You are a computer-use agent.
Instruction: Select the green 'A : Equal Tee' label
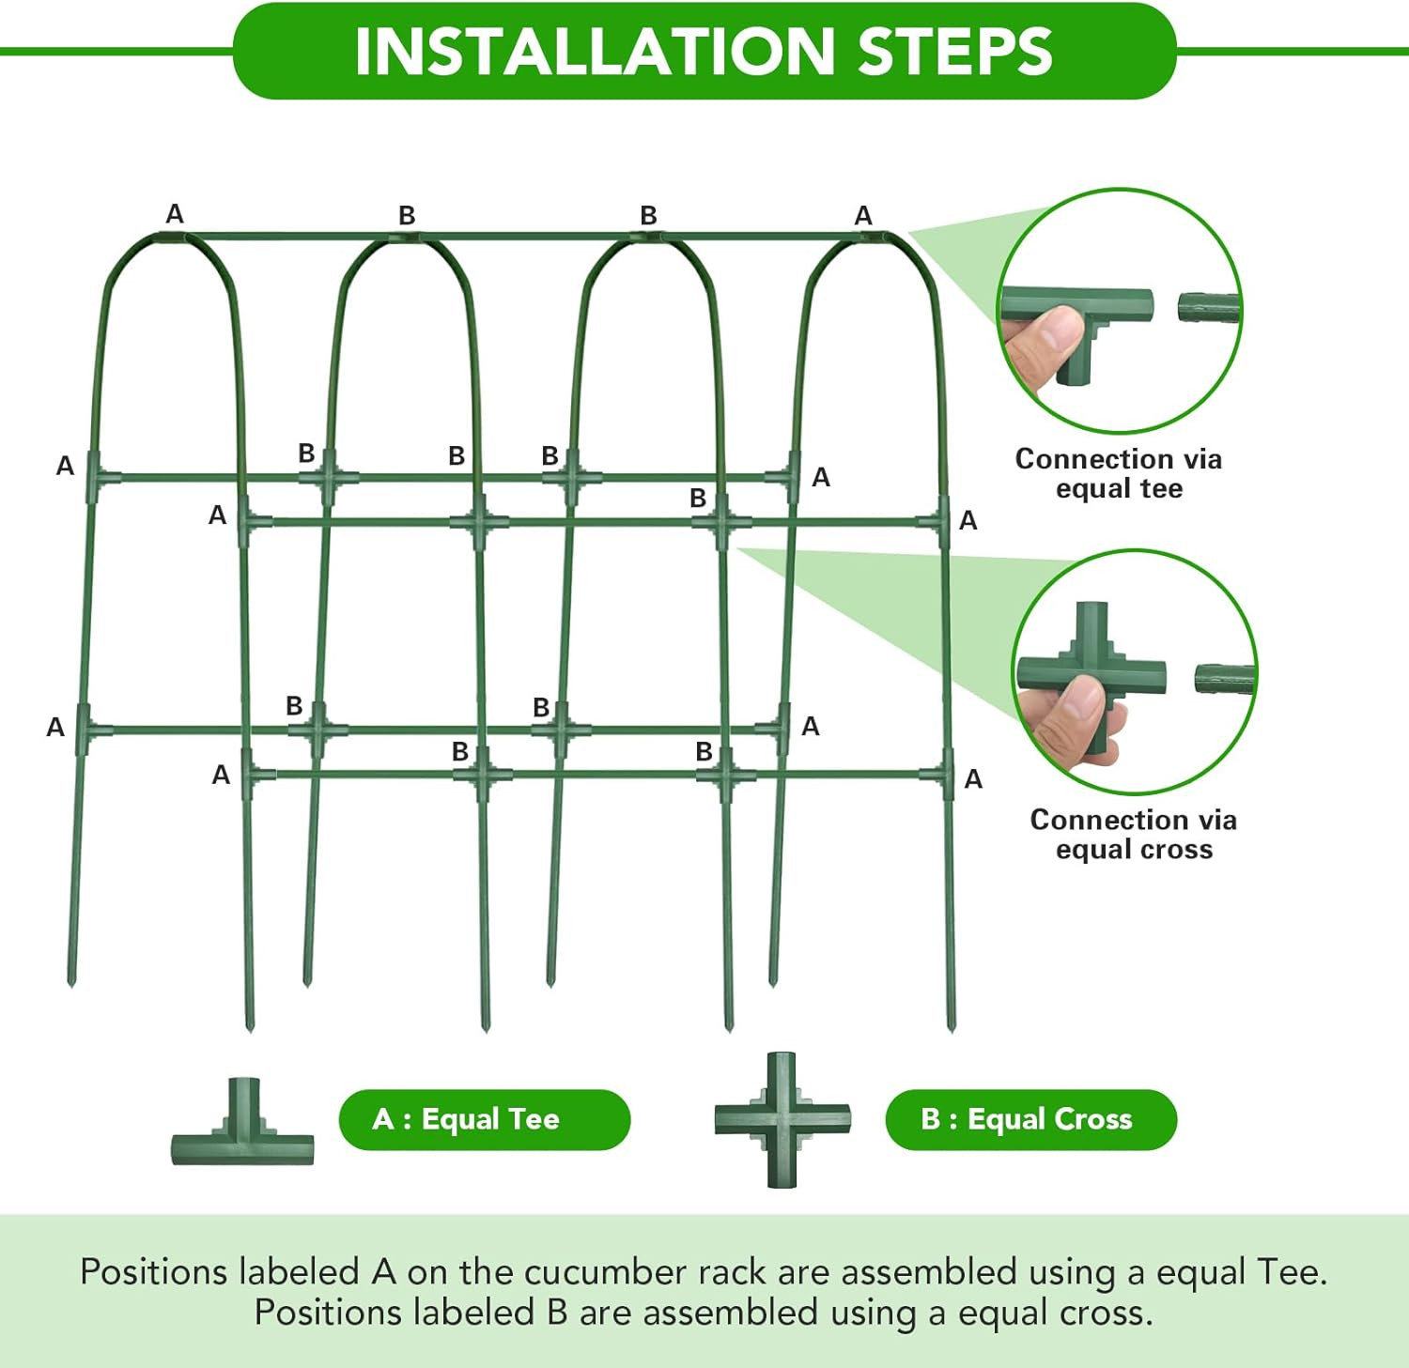pos(484,1119)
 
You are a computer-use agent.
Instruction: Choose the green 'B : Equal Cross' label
pos(1030,1119)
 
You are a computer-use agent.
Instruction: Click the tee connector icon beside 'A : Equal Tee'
pos(242,1127)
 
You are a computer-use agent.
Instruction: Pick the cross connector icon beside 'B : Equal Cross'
pos(782,1119)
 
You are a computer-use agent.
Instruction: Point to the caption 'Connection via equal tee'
pos(1118,473)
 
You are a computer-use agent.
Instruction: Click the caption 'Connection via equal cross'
pos(1133,834)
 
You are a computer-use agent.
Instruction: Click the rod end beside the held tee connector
pos(1209,307)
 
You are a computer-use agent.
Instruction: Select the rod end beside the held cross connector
pos(1225,679)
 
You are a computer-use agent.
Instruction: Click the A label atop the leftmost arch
pos(175,214)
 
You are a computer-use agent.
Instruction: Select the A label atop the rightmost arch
pos(863,216)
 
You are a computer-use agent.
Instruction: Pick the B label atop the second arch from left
pos(407,216)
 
